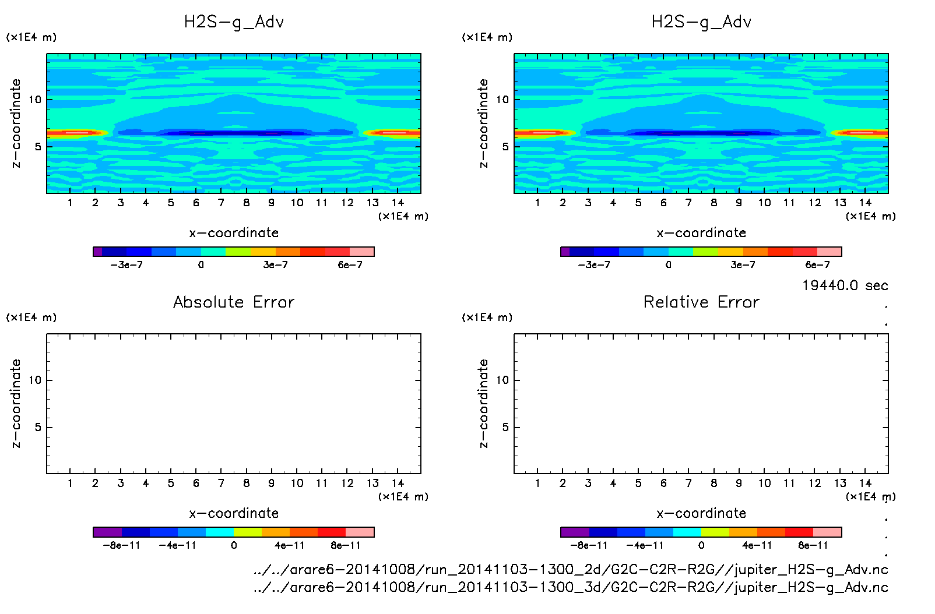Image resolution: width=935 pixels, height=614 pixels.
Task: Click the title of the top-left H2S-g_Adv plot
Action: point(234,22)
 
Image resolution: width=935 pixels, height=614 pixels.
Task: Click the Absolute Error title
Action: point(234,302)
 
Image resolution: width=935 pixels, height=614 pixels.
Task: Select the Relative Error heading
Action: point(701,302)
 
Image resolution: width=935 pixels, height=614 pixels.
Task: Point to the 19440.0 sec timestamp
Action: point(845,285)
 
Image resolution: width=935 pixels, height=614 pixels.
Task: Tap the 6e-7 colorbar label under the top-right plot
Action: point(817,265)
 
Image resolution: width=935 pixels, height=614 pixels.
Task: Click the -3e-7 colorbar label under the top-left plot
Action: point(126,265)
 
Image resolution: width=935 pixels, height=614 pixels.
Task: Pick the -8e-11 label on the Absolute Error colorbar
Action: point(121,546)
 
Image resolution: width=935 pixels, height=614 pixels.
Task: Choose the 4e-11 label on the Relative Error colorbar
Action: point(757,546)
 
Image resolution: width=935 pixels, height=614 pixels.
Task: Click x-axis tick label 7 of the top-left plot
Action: point(221,203)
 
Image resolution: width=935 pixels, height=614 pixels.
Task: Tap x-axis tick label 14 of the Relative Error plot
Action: point(865,483)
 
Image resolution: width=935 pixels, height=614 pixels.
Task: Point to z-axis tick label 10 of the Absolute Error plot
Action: point(35,380)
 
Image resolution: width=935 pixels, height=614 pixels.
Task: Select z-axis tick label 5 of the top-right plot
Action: point(505,147)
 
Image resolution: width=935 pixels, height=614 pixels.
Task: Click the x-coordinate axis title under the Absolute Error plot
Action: point(234,513)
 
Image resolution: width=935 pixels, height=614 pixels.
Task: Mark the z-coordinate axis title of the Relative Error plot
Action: point(483,404)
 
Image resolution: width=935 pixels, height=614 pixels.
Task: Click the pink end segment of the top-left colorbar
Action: point(361,252)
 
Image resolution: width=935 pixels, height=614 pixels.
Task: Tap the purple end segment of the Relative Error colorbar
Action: point(575,532)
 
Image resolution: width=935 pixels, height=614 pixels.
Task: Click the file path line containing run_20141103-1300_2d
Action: point(571,570)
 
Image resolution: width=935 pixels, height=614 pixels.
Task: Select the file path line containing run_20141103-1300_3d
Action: point(571,587)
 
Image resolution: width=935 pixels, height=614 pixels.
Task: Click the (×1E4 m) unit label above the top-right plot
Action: point(487,37)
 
